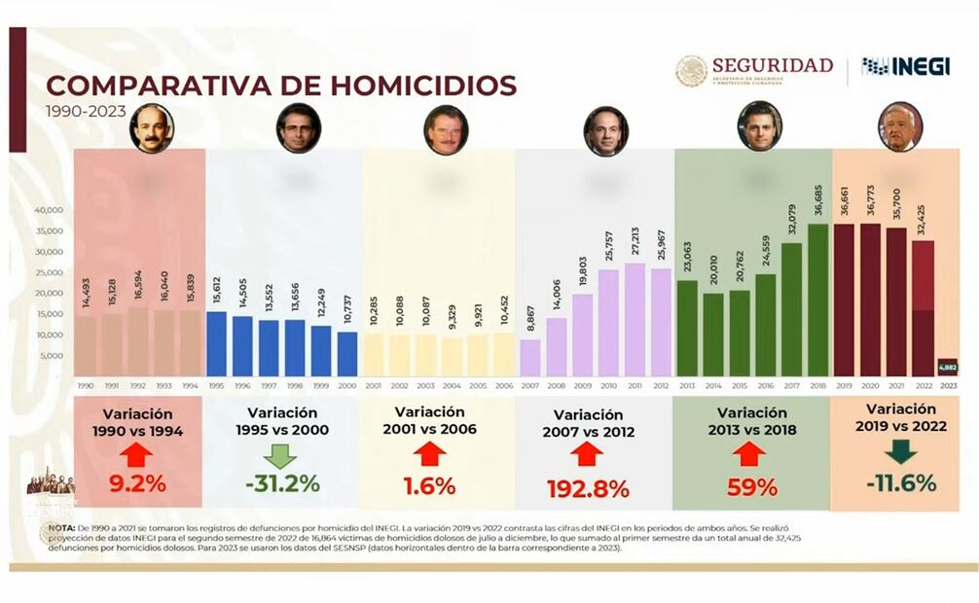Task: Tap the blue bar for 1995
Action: click(x=216, y=343)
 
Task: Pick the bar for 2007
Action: click(x=530, y=357)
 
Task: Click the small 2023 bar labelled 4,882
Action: click(x=948, y=367)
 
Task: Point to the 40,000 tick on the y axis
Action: click(x=49, y=210)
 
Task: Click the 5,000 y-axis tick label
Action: click(x=51, y=356)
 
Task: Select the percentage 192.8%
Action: click(x=587, y=488)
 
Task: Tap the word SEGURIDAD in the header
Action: click(x=772, y=65)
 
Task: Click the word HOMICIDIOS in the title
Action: click(x=423, y=85)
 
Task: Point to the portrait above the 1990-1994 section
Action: click(x=151, y=128)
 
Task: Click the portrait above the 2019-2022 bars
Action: click(x=899, y=127)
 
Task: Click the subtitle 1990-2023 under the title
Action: click(x=86, y=111)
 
